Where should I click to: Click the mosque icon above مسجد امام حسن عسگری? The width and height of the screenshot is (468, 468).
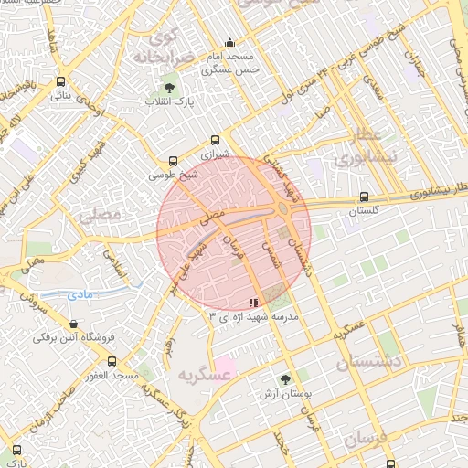(x=229, y=42)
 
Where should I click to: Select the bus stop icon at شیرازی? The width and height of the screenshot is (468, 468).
(x=215, y=140)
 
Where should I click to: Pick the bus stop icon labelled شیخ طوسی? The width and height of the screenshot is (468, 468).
(x=175, y=159)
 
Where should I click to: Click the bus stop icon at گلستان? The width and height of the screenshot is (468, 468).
(x=365, y=197)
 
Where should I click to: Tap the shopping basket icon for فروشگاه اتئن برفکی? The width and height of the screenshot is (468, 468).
(x=73, y=324)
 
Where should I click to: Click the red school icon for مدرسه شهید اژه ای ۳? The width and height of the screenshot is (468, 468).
(x=253, y=302)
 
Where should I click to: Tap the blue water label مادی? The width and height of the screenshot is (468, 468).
(x=79, y=294)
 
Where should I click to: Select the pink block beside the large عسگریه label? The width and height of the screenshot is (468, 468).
(x=225, y=368)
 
